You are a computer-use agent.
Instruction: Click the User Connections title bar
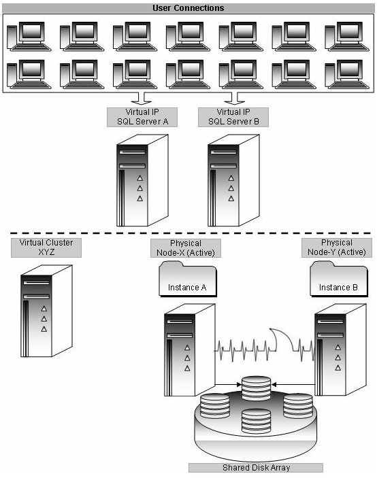[x=188, y=8]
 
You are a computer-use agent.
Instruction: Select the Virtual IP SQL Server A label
[x=142, y=117]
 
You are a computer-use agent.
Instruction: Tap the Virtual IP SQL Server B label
[x=233, y=117]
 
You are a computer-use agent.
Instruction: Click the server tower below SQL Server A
[x=142, y=180]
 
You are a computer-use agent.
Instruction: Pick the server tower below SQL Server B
[x=233, y=180]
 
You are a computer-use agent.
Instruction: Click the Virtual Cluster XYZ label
[x=46, y=247]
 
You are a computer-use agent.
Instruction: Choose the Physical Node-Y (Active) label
[x=337, y=247]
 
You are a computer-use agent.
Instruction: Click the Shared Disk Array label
[x=255, y=467]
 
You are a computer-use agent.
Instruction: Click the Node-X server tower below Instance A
[x=188, y=350]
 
